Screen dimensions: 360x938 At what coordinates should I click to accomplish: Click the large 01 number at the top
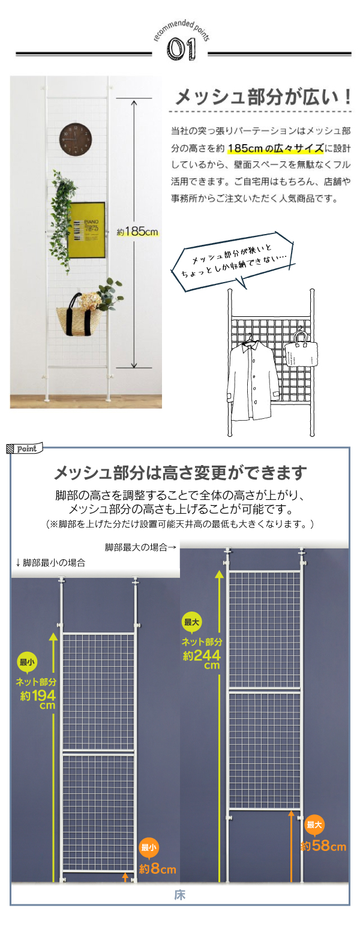[181, 49]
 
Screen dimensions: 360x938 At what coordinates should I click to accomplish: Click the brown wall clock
[76, 139]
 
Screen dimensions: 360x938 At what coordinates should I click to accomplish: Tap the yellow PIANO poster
[86, 230]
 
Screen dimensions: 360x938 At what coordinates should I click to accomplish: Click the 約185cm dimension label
[137, 231]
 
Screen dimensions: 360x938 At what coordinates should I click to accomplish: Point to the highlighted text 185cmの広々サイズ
[275, 148]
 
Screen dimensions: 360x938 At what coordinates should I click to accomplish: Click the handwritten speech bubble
[232, 261]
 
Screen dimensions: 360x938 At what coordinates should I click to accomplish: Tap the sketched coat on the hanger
[253, 379]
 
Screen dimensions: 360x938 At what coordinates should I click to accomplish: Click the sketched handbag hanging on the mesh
[300, 350]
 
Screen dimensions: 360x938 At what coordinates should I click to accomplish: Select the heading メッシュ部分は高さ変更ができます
[180, 473]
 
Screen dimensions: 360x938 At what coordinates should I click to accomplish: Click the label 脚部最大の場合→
[140, 547]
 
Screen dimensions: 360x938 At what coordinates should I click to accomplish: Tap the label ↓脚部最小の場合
[50, 563]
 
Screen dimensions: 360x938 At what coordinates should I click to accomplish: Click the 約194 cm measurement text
[37, 699]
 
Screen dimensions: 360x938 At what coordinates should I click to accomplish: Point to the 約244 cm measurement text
[202, 659]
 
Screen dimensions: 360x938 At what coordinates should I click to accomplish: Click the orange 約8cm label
[157, 869]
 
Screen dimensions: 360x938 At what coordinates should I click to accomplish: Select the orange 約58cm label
[323, 846]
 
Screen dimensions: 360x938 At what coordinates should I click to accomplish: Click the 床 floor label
[179, 895]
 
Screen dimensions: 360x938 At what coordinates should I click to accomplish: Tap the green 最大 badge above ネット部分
[191, 622]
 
